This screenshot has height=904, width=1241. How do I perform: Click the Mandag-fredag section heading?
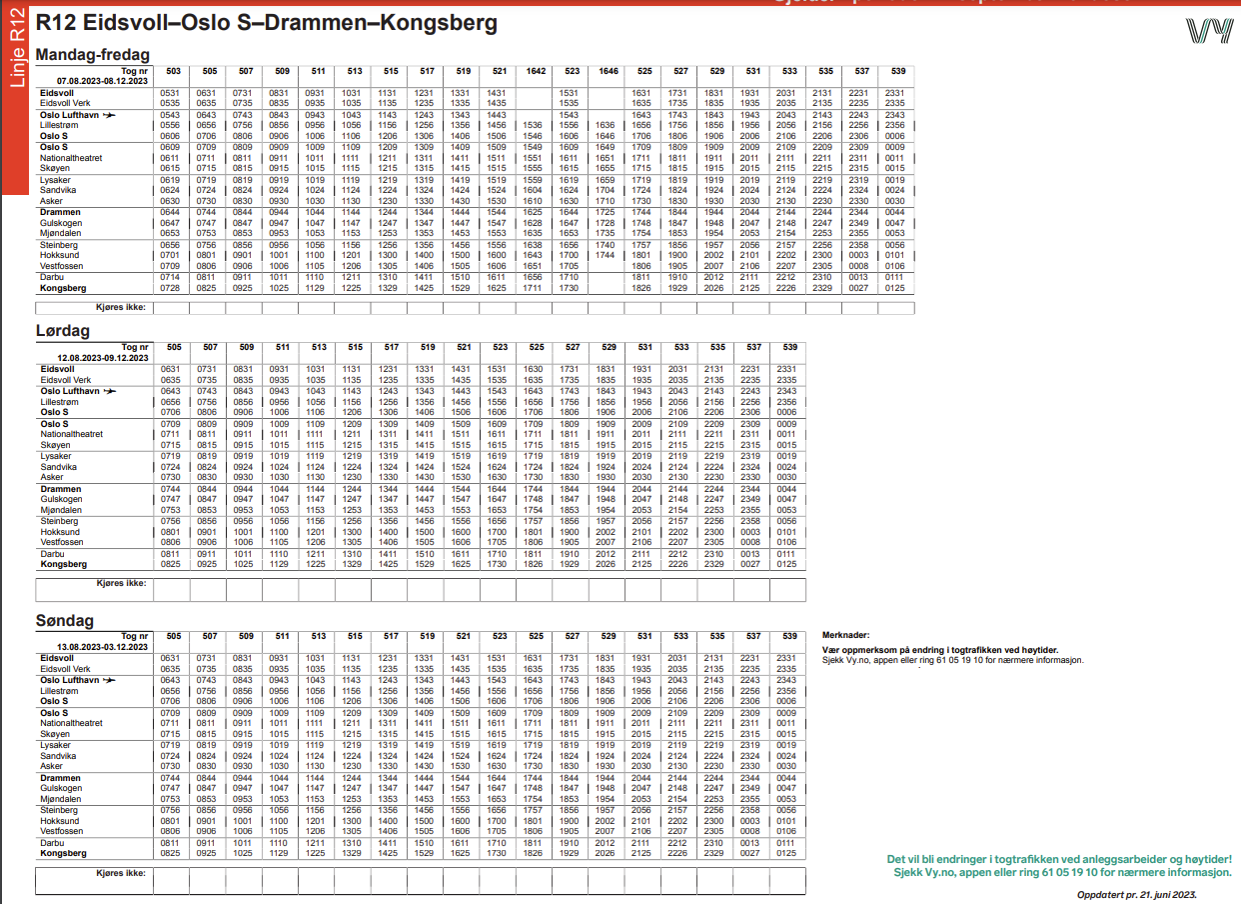point(92,55)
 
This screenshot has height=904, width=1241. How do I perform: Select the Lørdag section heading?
point(63,330)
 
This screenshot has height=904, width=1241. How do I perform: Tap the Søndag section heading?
point(65,620)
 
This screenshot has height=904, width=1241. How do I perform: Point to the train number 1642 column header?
point(536,71)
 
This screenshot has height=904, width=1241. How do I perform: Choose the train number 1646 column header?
point(608,71)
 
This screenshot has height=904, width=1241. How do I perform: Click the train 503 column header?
point(173,71)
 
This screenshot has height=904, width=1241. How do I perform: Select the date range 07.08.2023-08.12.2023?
point(102,80)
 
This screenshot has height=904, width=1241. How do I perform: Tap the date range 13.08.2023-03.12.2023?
point(102,646)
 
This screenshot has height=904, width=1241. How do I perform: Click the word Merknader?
point(844,635)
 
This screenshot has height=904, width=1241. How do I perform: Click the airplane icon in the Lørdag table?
point(109,391)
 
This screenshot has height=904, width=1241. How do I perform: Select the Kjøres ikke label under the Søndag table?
point(121,873)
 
